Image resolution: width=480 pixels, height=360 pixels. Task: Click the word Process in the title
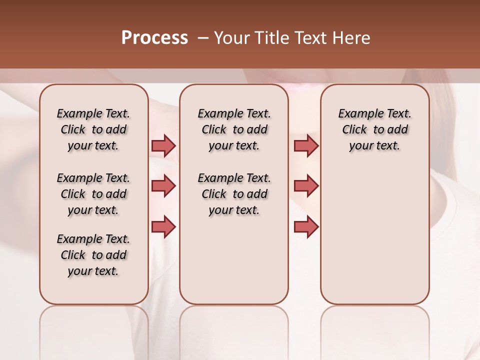coord(154,38)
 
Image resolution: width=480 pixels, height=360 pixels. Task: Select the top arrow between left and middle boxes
coord(163,145)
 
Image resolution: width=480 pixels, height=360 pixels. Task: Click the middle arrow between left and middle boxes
coord(163,186)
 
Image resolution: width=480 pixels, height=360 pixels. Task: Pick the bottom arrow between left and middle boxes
coord(163,227)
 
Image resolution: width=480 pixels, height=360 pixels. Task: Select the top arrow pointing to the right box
coord(306,145)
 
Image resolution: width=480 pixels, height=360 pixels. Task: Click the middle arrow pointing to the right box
coord(306,186)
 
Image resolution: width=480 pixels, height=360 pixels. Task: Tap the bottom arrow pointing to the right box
coord(306,227)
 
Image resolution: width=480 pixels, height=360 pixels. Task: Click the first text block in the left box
coord(93,129)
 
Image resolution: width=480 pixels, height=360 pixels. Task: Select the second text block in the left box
coord(93,194)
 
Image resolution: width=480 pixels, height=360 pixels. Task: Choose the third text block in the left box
coord(93,255)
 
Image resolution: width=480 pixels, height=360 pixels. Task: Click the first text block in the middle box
coord(234,129)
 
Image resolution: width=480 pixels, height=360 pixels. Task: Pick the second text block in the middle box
coord(234,194)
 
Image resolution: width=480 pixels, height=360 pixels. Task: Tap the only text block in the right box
coord(374,129)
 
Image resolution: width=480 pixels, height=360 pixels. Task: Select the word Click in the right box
coord(354,130)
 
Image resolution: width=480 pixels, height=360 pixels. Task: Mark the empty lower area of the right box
coord(374,235)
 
